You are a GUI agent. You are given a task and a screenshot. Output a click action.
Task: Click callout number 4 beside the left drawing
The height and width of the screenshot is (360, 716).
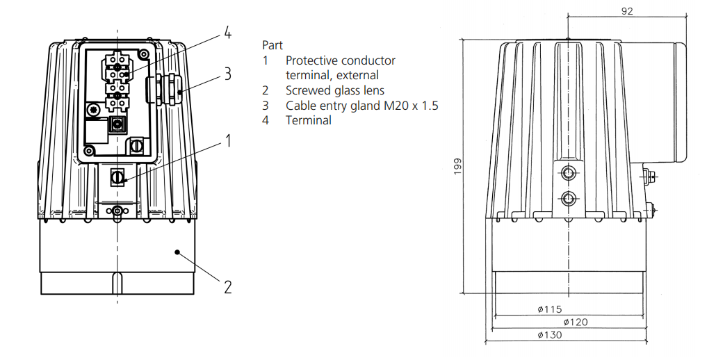(x=227, y=33)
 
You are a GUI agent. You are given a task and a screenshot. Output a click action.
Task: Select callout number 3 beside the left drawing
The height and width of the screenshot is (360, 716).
(x=227, y=74)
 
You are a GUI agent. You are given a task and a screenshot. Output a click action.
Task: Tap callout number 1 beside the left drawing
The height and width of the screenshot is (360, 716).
(x=227, y=141)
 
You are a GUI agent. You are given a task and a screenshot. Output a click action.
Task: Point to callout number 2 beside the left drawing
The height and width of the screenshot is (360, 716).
(x=227, y=286)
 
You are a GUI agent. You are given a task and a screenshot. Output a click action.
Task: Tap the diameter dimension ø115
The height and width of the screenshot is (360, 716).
(x=549, y=309)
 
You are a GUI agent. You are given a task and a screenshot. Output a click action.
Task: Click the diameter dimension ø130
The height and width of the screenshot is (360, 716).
(x=549, y=334)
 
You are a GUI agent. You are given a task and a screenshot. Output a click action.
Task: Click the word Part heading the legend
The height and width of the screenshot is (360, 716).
(x=272, y=45)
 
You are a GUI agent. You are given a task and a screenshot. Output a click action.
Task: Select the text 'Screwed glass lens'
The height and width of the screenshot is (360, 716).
(x=334, y=90)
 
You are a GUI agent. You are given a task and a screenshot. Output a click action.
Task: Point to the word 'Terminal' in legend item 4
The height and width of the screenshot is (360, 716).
(x=308, y=120)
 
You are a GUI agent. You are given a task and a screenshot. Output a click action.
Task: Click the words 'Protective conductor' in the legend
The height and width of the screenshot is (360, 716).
(x=340, y=60)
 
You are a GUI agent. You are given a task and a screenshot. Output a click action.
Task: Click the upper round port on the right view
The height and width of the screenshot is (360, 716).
(x=569, y=172)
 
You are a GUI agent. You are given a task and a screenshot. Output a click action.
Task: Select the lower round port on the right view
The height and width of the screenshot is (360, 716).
(x=569, y=198)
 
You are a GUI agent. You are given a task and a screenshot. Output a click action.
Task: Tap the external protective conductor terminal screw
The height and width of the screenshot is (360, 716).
(x=117, y=178)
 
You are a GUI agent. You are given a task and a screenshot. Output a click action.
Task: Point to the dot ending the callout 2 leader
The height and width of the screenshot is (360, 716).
(x=178, y=252)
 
